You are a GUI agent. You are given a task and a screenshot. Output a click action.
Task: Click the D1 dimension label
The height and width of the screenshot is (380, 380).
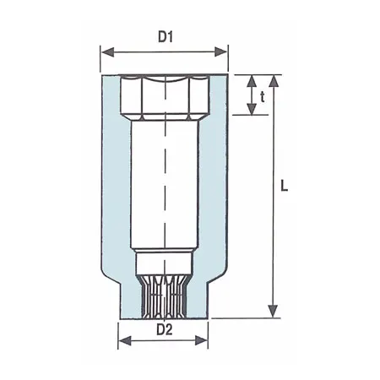point(165,38)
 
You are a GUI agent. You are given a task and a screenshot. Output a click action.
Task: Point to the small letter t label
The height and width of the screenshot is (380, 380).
point(263,96)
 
